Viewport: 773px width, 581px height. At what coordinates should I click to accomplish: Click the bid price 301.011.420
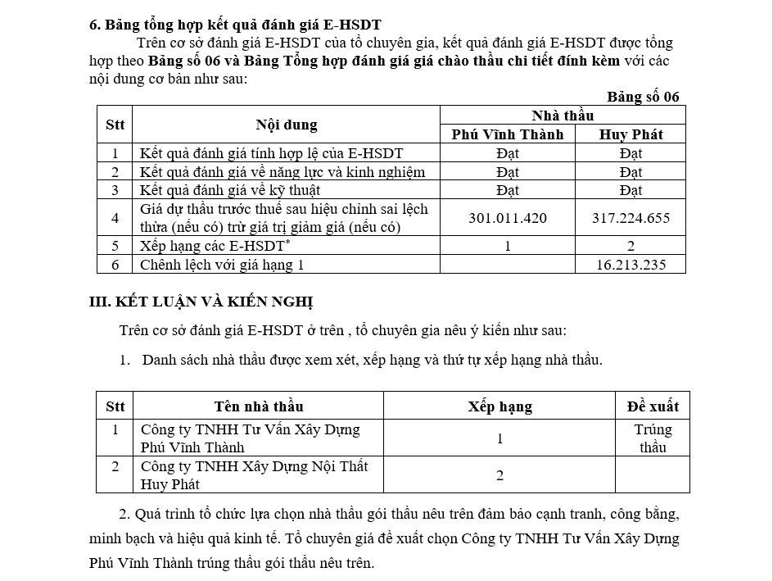pyautogui.click(x=508, y=218)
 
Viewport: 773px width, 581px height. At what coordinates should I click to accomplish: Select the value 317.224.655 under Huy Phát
pyautogui.click(x=631, y=218)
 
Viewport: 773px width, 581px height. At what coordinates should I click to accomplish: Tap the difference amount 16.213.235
pyautogui.click(x=631, y=264)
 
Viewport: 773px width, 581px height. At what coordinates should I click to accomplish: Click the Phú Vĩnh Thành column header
pyautogui.click(x=508, y=134)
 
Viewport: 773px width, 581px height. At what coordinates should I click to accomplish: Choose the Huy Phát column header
pyautogui.click(x=631, y=134)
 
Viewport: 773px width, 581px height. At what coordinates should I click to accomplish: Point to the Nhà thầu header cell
pyautogui.click(x=563, y=116)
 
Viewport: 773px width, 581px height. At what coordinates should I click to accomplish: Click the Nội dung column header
pyautogui.click(x=286, y=125)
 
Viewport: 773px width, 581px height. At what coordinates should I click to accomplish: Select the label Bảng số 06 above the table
pyautogui.click(x=643, y=97)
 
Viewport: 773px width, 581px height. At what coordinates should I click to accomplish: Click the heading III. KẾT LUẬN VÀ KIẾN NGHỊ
pyautogui.click(x=201, y=302)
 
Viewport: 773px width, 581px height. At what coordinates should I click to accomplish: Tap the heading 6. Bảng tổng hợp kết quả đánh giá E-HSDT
pyautogui.click(x=235, y=25)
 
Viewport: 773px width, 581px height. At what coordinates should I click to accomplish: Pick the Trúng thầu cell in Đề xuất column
pyautogui.click(x=653, y=438)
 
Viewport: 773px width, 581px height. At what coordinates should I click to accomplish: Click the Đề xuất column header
pyautogui.click(x=653, y=406)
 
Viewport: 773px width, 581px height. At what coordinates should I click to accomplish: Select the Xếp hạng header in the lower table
pyautogui.click(x=500, y=406)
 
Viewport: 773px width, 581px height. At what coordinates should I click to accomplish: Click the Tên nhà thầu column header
pyautogui.click(x=259, y=406)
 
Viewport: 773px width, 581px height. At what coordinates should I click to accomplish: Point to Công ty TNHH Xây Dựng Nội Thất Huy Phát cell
pyautogui.click(x=254, y=475)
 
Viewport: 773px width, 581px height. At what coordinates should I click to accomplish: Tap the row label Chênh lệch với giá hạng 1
pyautogui.click(x=222, y=264)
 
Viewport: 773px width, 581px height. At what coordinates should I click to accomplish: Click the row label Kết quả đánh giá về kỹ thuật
pyautogui.click(x=228, y=190)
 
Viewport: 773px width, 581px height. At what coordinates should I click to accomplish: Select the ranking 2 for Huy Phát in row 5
pyautogui.click(x=631, y=246)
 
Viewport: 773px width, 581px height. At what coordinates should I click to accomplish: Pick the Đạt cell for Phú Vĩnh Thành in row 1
pyautogui.click(x=508, y=153)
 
